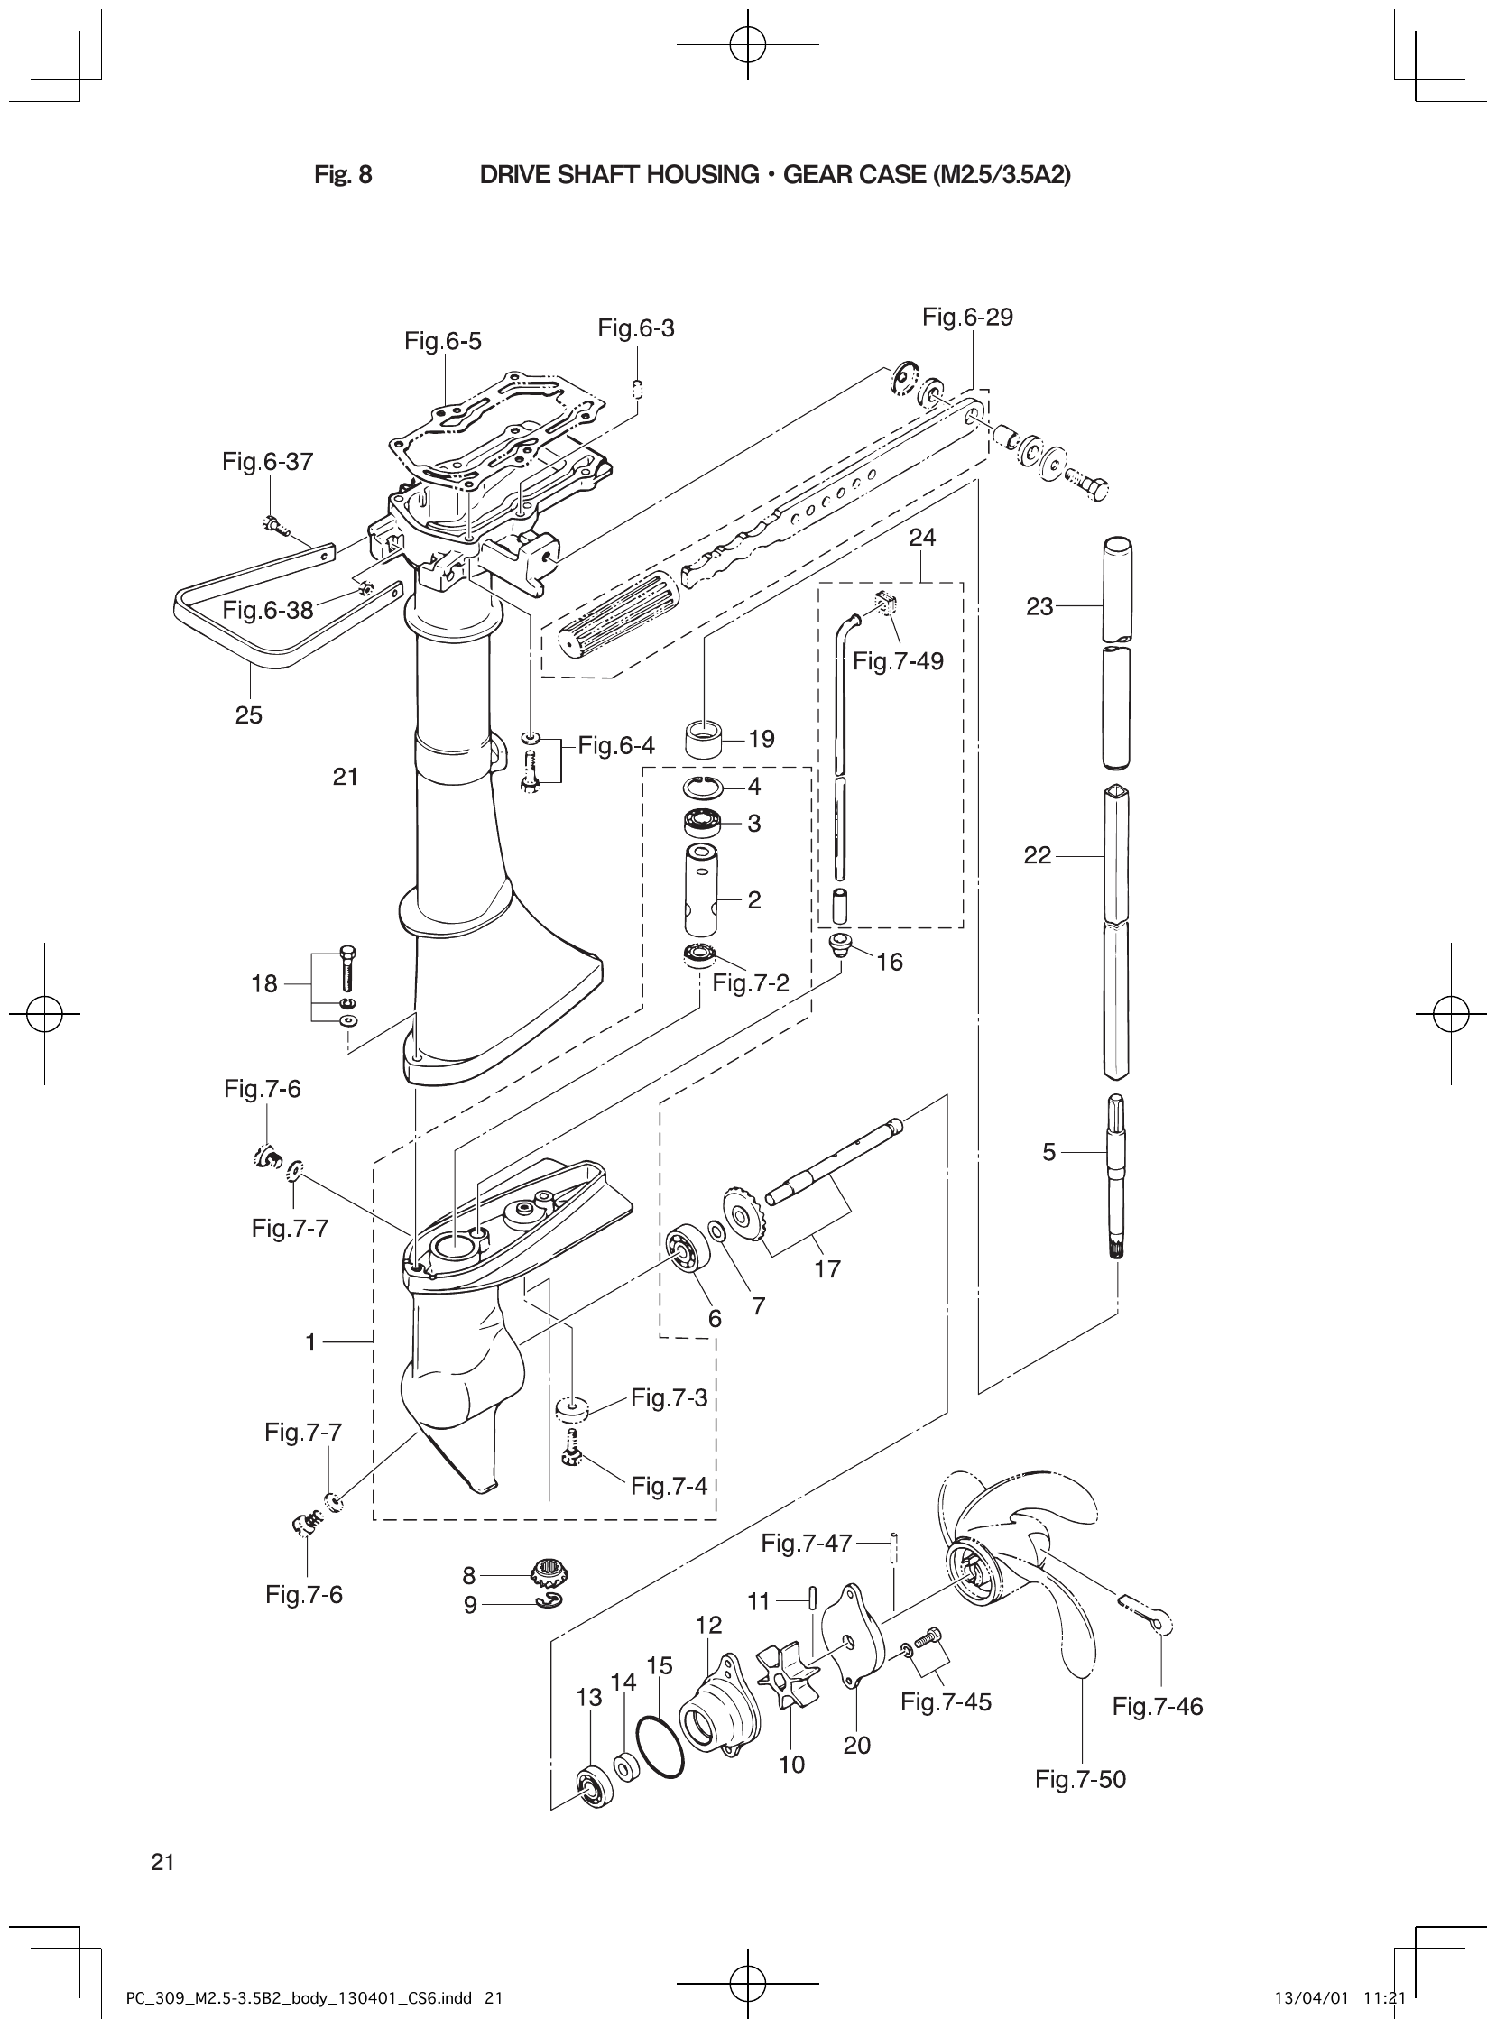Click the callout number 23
(x=1039, y=606)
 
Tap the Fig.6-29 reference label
(x=967, y=317)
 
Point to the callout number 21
(x=346, y=777)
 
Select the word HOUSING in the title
(x=702, y=175)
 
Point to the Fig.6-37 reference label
(x=267, y=462)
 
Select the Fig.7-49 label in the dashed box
(x=898, y=661)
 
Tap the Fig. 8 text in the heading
(x=343, y=175)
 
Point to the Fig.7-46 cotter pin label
(x=1158, y=1707)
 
